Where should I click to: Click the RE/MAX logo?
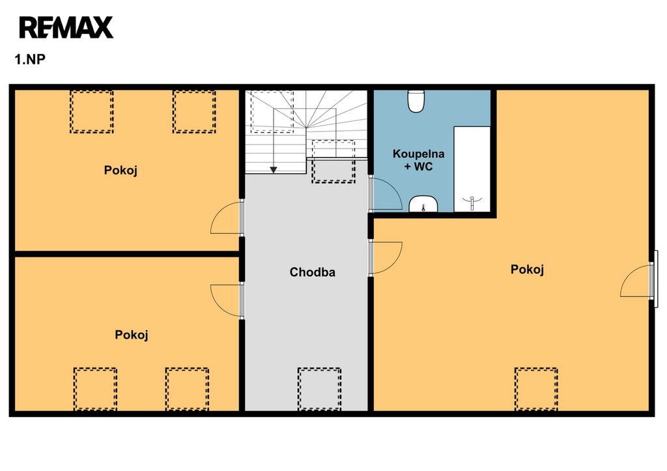pyautogui.click(x=66, y=27)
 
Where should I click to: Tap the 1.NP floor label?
pyautogui.click(x=30, y=59)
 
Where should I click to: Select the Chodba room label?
pyautogui.click(x=312, y=272)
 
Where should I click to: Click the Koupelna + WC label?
pyautogui.click(x=419, y=160)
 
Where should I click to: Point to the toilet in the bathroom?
pyautogui.click(x=416, y=101)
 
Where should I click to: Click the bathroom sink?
pyautogui.click(x=423, y=204)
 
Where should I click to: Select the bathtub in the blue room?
pyautogui.click(x=472, y=169)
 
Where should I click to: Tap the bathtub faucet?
pyautogui.click(x=472, y=202)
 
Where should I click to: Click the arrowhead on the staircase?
pyautogui.click(x=274, y=170)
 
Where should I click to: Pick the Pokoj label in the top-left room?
pyautogui.click(x=121, y=171)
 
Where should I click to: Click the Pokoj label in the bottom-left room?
pyautogui.click(x=132, y=335)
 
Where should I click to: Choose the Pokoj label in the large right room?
pyautogui.click(x=527, y=269)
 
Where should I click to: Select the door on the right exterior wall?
pyautogui.click(x=636, y=281)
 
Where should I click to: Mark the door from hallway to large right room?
pyautogui.click(x=386, y=258)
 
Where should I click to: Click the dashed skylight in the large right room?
pyautogui.click(x=536, y=389)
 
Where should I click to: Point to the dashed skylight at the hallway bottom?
pyautogui.click(x=319, y=389)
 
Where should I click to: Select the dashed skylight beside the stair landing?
pyautogui.click(x=333, y=162)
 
